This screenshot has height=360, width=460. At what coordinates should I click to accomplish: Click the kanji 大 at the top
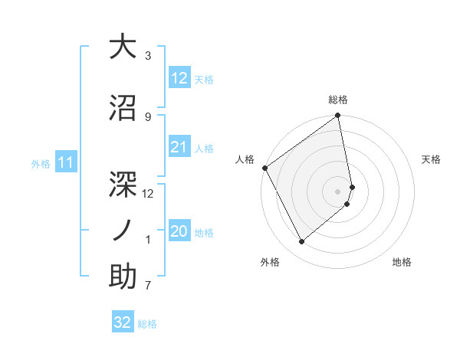[x=123, y=47]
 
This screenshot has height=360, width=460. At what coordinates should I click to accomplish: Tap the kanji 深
[x=123, y=175]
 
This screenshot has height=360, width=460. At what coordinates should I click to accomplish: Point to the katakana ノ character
[x=123, y=227]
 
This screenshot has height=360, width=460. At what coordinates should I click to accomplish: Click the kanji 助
[x=123, y=277]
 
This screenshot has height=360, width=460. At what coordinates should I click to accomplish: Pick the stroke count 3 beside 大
[x=148, y=56]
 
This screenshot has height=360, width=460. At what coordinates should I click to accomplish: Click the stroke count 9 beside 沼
[x=148, y=116]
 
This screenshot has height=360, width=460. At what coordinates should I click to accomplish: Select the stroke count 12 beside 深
[x=148, y=194]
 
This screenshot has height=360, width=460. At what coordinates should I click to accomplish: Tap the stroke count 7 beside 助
[x=148, y=286]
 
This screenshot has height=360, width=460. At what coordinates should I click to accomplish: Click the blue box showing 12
[x=179, y=77]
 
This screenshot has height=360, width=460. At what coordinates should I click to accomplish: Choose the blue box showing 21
[x=179, y=146]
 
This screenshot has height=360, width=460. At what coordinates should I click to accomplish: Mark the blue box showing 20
[x=179, y=231]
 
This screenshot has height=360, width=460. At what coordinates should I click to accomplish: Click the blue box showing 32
[x=123, y=322]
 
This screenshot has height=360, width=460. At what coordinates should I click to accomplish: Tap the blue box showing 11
[x=66, y=162]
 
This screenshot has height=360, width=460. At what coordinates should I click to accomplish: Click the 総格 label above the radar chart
[x=338, y=100]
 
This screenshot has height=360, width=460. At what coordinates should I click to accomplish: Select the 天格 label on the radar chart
[x=431, y=159]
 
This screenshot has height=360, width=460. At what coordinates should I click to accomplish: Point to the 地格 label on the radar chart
[x=402, y=262]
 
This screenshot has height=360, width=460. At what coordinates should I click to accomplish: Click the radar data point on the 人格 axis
[x=264, y=168]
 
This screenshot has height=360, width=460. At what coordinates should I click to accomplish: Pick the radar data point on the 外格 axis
[x=302, y=241]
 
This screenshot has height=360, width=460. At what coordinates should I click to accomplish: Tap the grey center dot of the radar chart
[x=338, y=191]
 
